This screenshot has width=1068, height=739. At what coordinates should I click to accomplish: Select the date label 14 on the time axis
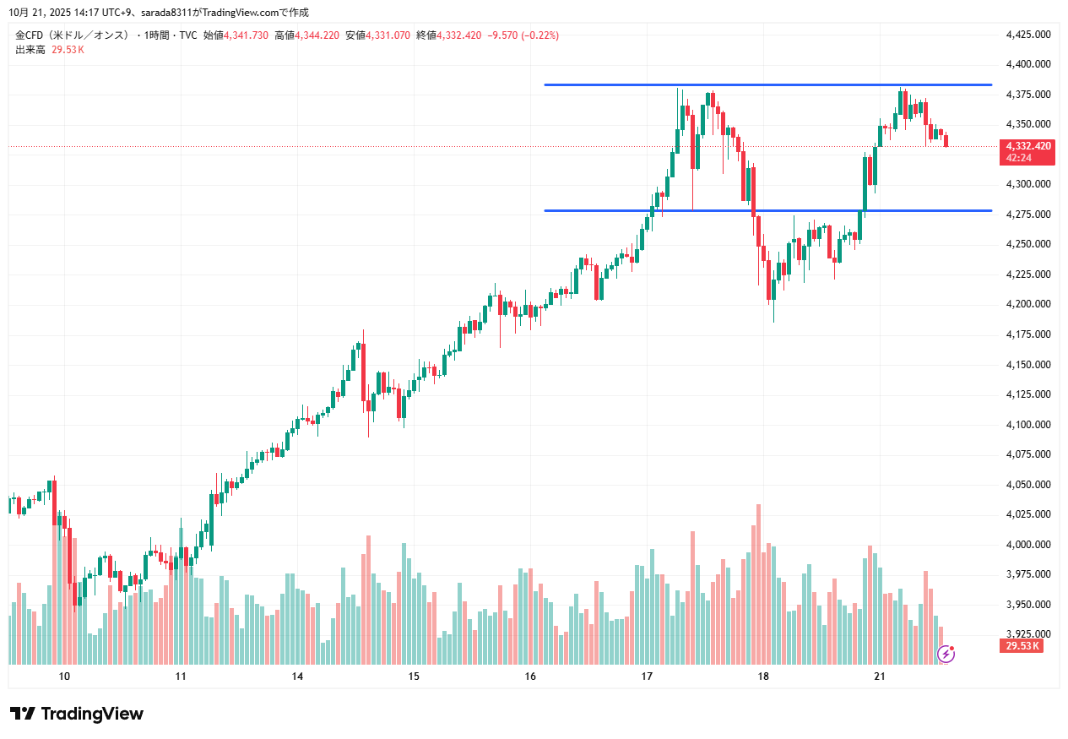[297, 677]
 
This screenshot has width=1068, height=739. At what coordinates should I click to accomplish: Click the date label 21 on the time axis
[879, 677]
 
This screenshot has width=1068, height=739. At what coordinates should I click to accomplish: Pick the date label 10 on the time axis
[64, 677]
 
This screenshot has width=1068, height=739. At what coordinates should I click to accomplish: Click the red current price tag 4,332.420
[1027, 146]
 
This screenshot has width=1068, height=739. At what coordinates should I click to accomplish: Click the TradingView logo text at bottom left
[77, 714]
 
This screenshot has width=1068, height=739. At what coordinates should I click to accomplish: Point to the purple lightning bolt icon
[946, 653]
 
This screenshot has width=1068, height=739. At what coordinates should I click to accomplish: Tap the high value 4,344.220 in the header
[319, 35]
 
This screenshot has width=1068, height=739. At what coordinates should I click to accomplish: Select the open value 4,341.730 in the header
[247, 35]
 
